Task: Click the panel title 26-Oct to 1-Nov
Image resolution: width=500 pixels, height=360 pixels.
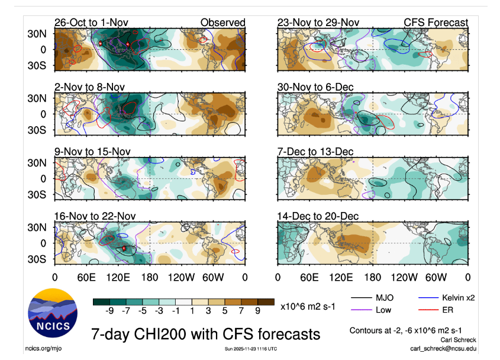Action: coord(91,22)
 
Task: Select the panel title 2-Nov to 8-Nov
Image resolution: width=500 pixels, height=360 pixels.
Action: coord(89,87)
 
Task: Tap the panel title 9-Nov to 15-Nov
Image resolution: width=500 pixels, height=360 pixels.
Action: coord(91,152)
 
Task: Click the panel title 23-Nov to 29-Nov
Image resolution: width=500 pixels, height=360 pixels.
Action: coord(318,22)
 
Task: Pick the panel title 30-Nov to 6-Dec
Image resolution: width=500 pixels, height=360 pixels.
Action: coord(315,87)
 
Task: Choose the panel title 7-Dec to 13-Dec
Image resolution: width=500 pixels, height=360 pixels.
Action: coord(315,152)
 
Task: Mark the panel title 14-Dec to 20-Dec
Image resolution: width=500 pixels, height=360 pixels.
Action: coord(318,216)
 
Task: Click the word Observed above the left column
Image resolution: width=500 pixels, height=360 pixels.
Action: coord(222,22)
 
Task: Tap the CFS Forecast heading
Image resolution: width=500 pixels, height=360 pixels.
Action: coord(436,22)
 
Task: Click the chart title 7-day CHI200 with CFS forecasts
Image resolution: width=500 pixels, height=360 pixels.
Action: coord(205,333)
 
